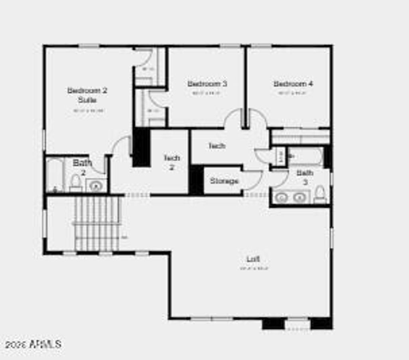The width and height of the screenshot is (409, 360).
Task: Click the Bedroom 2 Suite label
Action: click(x=87, y=95)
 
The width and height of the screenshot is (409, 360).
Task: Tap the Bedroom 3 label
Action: click(x=207, y=84)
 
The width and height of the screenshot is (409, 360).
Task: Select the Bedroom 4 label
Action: click(x=293, y=84)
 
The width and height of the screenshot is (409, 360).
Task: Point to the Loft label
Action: click(x=253, y=259)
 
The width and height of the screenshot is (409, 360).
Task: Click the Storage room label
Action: click(x=224, y=181)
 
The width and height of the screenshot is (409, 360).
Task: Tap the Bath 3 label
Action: click(x=305, y=177)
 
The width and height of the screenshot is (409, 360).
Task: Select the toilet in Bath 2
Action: click(x=75, y=183)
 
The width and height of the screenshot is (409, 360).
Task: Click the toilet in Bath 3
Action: click(x=320, y=194)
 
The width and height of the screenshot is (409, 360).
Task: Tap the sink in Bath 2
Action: click(x=95, y=186)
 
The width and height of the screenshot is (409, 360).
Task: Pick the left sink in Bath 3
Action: click(x=282, y=197)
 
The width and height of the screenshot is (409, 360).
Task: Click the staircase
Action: click(x=97, y=224)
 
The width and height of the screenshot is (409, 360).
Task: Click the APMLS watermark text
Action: click(x=34, y=344)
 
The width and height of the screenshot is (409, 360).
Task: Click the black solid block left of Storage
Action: click(x=196, y=180)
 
